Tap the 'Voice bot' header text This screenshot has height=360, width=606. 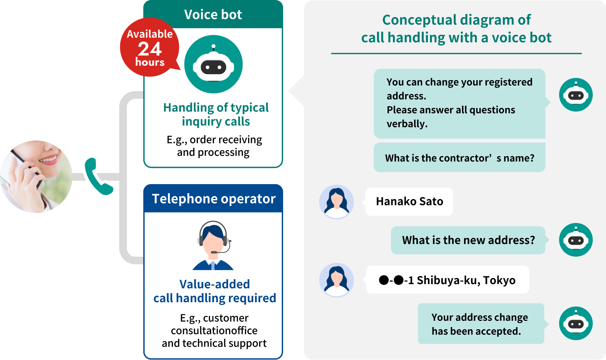tap(213, 15)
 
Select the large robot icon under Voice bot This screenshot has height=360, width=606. tap(213, 64)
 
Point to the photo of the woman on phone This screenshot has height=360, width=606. tap(36, 177)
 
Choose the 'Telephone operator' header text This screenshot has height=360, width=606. tap(214, 199)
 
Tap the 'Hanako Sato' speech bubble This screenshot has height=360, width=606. tap(409, 201)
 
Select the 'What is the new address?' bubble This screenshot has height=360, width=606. tap(468, 240)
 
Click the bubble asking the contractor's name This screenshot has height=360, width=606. tap(459, 158)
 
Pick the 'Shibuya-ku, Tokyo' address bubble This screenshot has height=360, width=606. tap(447, 280)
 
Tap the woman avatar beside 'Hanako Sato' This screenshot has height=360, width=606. tap(336, 202)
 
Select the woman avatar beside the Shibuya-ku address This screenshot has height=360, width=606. tap(336, 280)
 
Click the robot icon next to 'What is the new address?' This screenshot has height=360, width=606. tap(576, 240)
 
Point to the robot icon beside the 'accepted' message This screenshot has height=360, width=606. tap(576, 323)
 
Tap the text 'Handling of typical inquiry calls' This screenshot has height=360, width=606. tap(216, 114)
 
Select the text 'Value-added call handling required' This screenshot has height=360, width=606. tap(215, 291)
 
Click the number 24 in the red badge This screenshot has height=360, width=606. tap(150, 49)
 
